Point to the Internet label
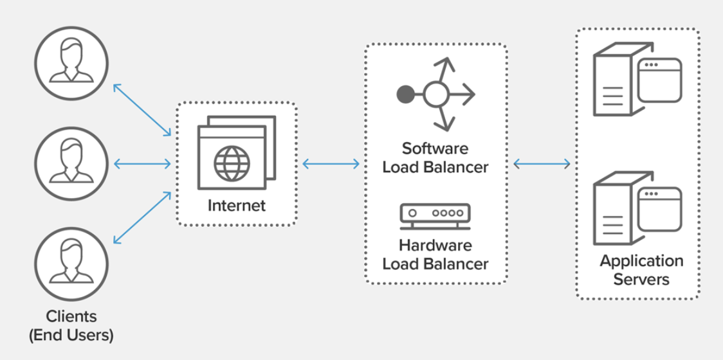coord(236,206)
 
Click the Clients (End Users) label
coord(71,325)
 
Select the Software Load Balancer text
coord(435,158)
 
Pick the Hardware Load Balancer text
coord(435,255)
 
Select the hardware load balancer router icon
coord(435,216)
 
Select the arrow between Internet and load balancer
coord(331,165)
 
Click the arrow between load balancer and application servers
coord(542,165)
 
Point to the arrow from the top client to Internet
coord(142,110)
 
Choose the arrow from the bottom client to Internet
coord(142,218)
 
